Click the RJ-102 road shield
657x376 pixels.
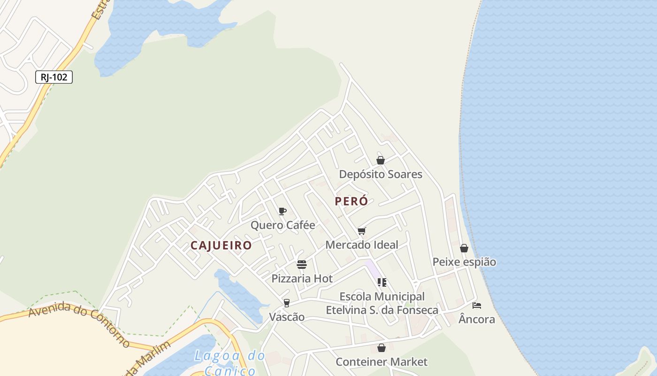(x=54, y=77)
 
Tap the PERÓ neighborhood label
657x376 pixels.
(x=351, y=201)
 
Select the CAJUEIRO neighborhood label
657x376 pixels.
(x=221, y=245)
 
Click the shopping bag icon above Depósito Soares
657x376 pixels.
(x=381, y=160)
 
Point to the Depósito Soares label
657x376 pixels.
(x=381, y=174)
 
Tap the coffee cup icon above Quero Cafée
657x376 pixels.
(x=282, y=211)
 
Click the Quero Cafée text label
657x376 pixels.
(x=283, y=225)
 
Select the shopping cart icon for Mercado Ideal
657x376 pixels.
(x=361, y=231)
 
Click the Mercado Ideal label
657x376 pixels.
(x=361, y=245)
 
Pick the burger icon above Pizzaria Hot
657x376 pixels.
(x=301, y=264)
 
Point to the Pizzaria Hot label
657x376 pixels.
(x=302, y=279)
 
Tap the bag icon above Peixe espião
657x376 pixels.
(x=464, y=248)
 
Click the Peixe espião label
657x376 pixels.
(x=464, y=262)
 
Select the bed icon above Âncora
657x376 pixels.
(x=477, y=305)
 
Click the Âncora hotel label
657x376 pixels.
(x=477, y=320)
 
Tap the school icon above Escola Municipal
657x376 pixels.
(x=382, y=282)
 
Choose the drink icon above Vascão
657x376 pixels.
(x=286, y=303)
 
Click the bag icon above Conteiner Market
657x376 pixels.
(x=382, y=348)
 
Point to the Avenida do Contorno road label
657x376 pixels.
(x=79, y=324)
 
